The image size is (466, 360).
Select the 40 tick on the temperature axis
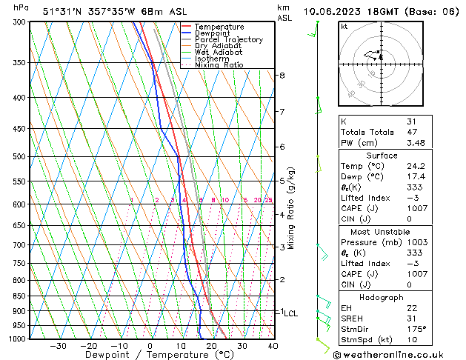(273, 346)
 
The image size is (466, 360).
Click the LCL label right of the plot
(290, 313)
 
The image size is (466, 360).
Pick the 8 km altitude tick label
(282, 76)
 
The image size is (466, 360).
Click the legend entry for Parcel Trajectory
(228, 40)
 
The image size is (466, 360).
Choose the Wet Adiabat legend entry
(219, 53)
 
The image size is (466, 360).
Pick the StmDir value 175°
(417, 329)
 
